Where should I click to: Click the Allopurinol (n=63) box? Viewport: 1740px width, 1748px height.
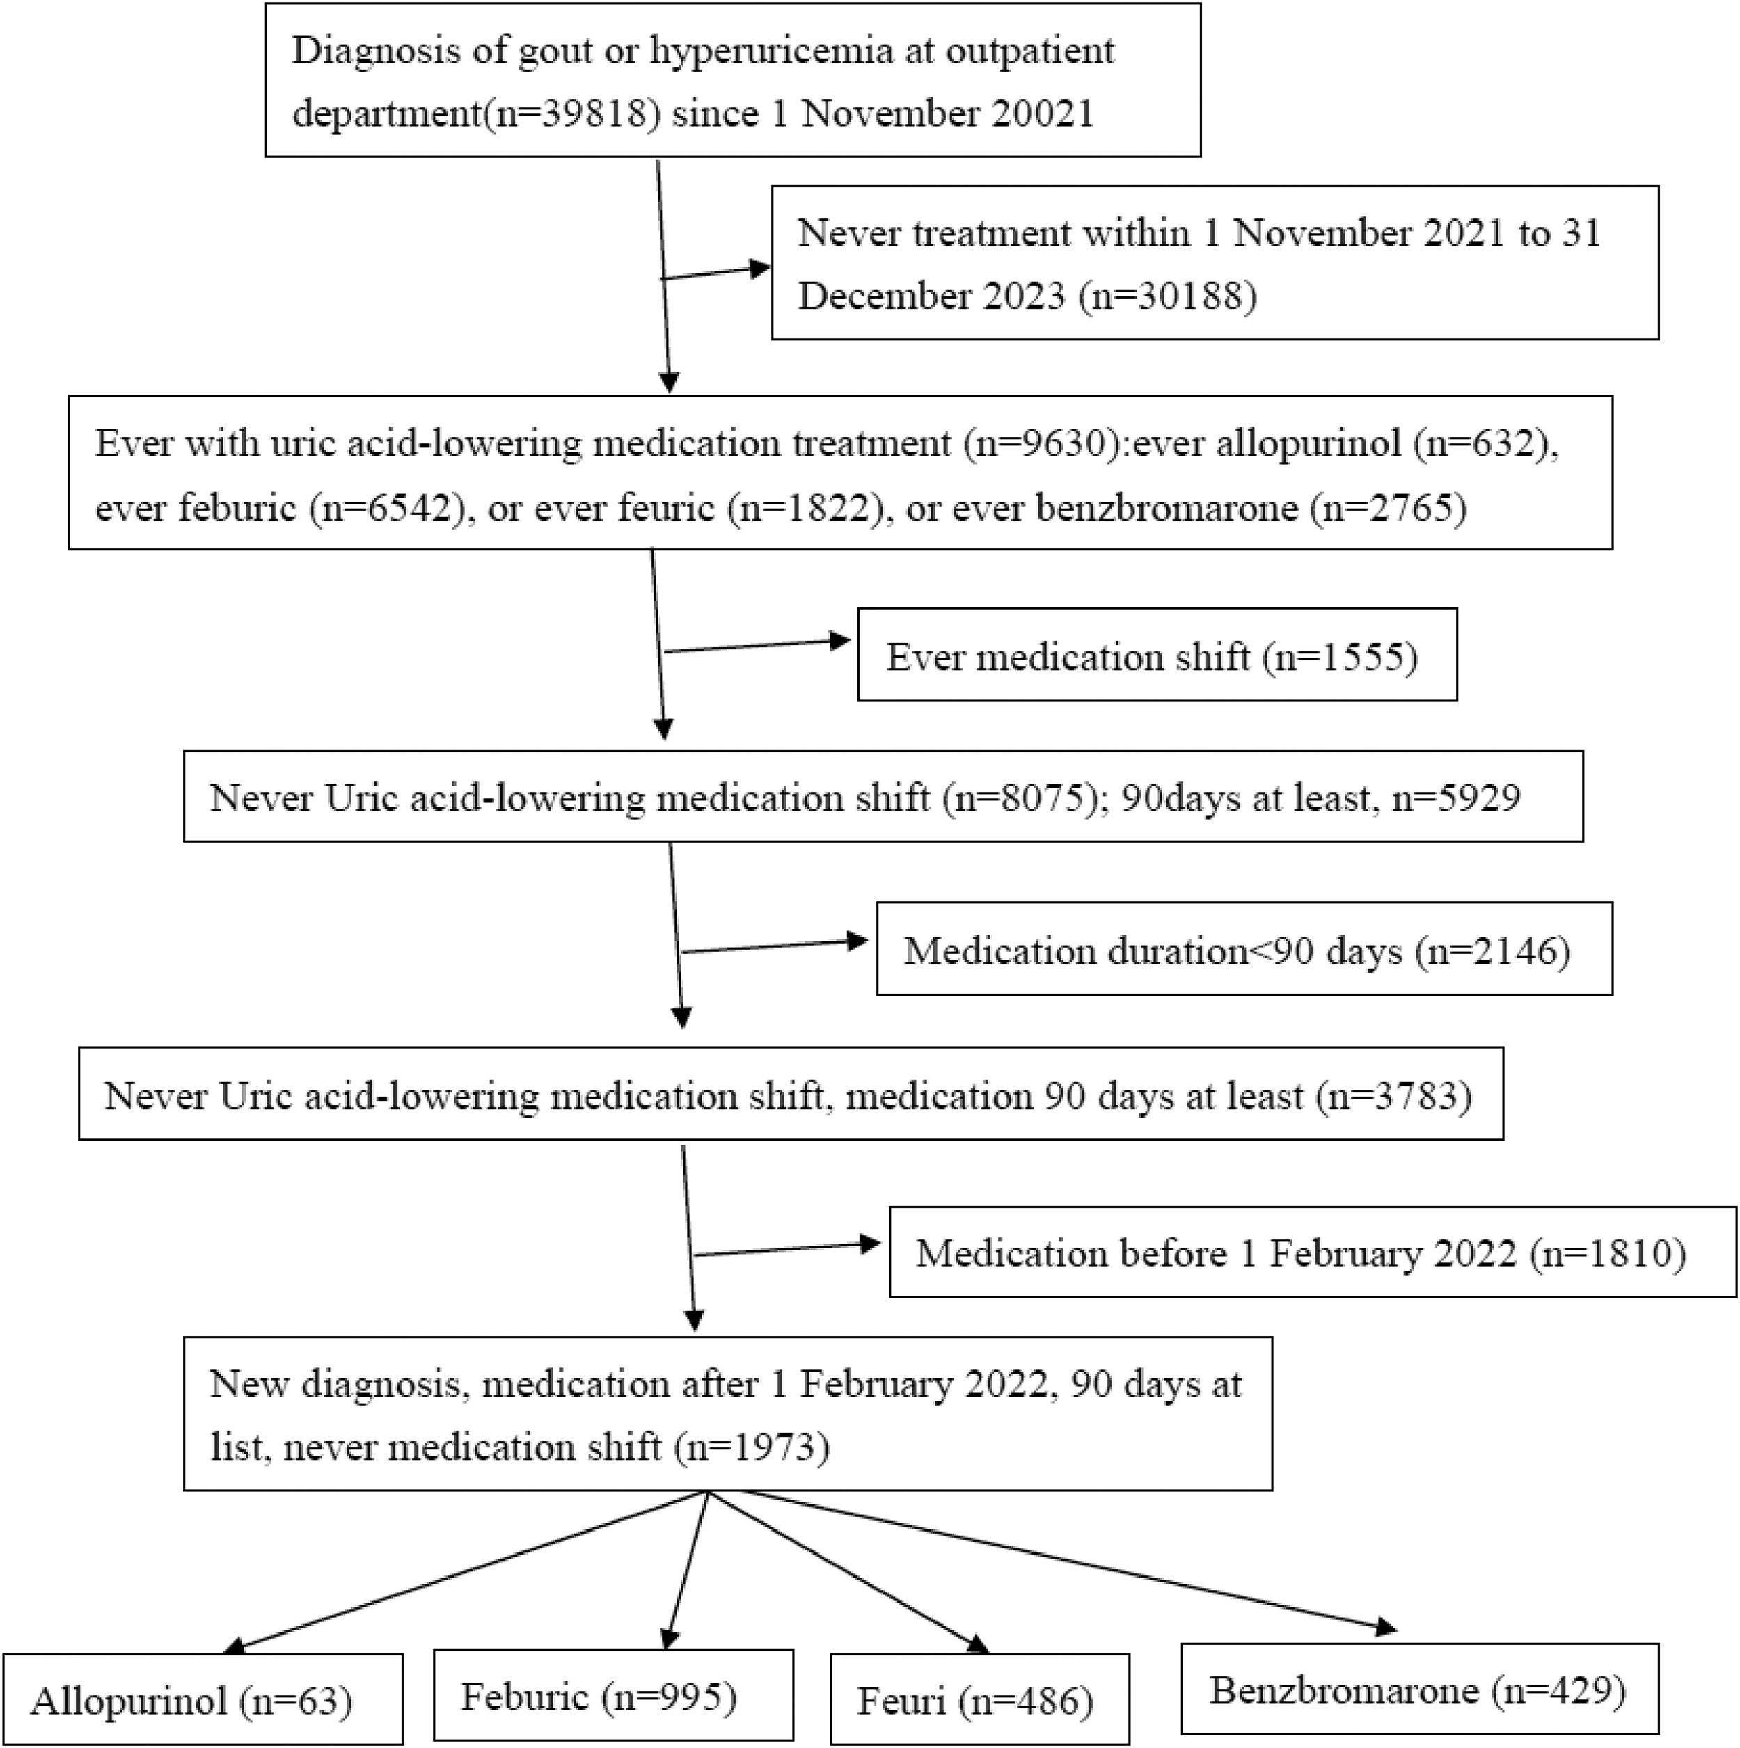coord(203,1699)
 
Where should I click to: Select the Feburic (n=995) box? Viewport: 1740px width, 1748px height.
coord(613,1696)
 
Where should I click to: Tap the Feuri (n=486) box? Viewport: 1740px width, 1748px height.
coord(980,1699)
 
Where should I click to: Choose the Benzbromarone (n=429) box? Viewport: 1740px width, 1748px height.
coord(1420,1689)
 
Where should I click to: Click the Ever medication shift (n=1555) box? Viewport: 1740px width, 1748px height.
coord(1157,654)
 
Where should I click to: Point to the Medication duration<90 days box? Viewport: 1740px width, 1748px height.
coord(1244,949)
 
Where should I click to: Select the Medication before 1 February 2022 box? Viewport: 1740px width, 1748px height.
coord(1313,1252)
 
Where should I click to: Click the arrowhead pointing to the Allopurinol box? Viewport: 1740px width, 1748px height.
coord(233,1646)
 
